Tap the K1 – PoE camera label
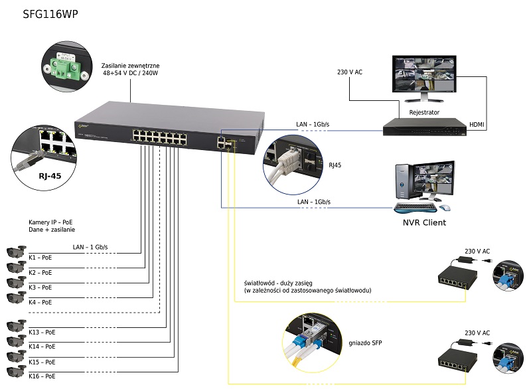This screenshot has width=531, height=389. [40, 258]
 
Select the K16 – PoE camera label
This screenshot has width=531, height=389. [42, 376]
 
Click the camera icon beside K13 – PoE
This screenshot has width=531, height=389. [15, 327]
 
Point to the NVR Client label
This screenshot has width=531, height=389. [424, 222]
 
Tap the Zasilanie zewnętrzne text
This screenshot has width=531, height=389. [131, 67]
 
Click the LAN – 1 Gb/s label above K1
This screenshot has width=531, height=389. [90, 247]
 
